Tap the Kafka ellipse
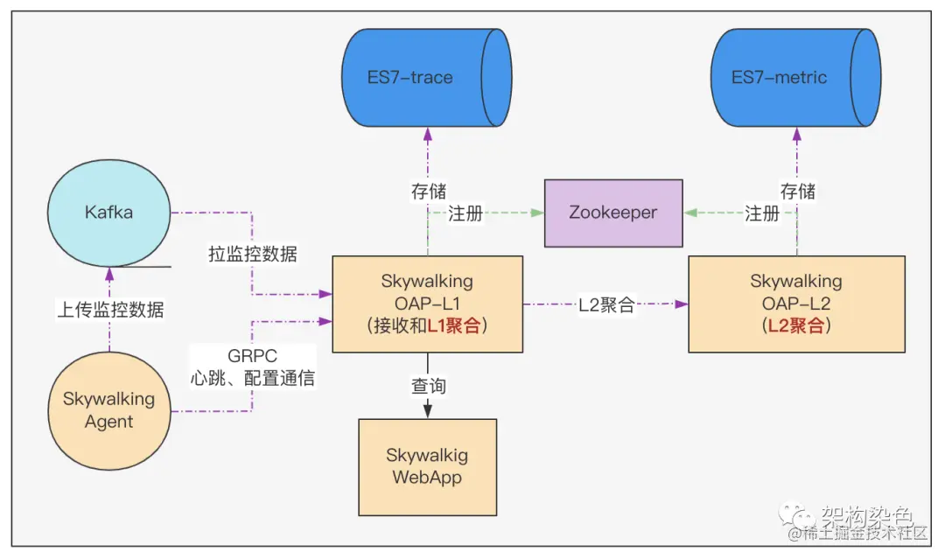[108, 213]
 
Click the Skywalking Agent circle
[108, 409]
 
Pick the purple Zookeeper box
[613, 213]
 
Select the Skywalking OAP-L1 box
[427, 304]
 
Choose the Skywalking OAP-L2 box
[795, 304]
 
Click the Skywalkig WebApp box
[427, 466]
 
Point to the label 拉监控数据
[252, 255]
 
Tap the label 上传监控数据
[109, 309]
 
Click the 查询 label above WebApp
[428, 386]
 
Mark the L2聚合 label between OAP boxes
[605, 305]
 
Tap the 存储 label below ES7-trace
[428, 192]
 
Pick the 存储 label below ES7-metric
[797, 192]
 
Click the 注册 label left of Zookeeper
[465, 213]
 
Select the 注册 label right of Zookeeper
[761, 213]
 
